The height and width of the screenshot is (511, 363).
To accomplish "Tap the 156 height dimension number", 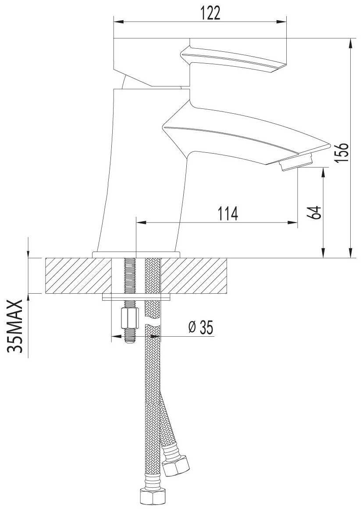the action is [x=342, y=152].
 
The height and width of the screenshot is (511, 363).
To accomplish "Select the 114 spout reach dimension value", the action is [x=228, y=214].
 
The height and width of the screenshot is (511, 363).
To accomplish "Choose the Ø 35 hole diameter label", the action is [x=201, y=327].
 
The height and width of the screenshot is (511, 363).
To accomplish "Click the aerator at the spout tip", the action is [x=296, y=163].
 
